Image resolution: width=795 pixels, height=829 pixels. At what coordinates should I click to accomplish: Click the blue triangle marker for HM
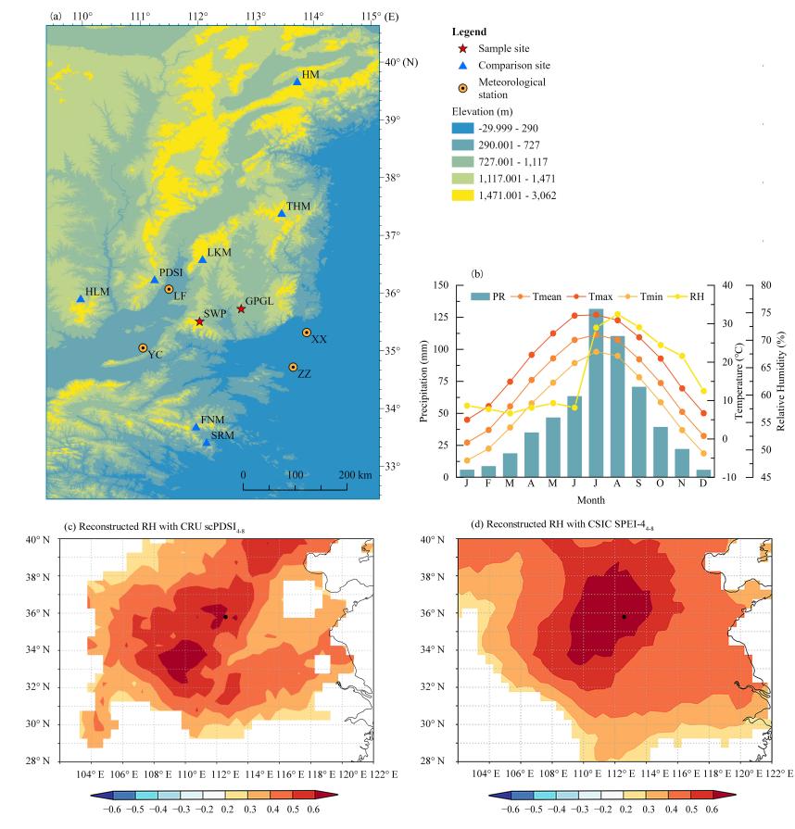coord(297,82)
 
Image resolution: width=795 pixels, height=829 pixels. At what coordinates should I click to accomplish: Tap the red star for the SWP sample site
coord(199,321)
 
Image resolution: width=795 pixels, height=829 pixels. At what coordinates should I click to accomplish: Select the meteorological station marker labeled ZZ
coord(293,368)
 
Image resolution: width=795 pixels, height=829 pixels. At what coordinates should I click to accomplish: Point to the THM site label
coord(298,205)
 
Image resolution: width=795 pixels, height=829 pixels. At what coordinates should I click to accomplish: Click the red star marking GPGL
coord(241,308)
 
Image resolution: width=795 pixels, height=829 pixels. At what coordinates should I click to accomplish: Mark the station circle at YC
coord(143,348)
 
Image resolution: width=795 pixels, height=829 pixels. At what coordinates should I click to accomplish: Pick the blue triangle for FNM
coord(196,427)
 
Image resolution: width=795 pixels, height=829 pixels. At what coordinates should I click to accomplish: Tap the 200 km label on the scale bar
coord(356,475)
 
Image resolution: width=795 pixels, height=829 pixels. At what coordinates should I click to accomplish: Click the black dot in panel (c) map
coord(225,617)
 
